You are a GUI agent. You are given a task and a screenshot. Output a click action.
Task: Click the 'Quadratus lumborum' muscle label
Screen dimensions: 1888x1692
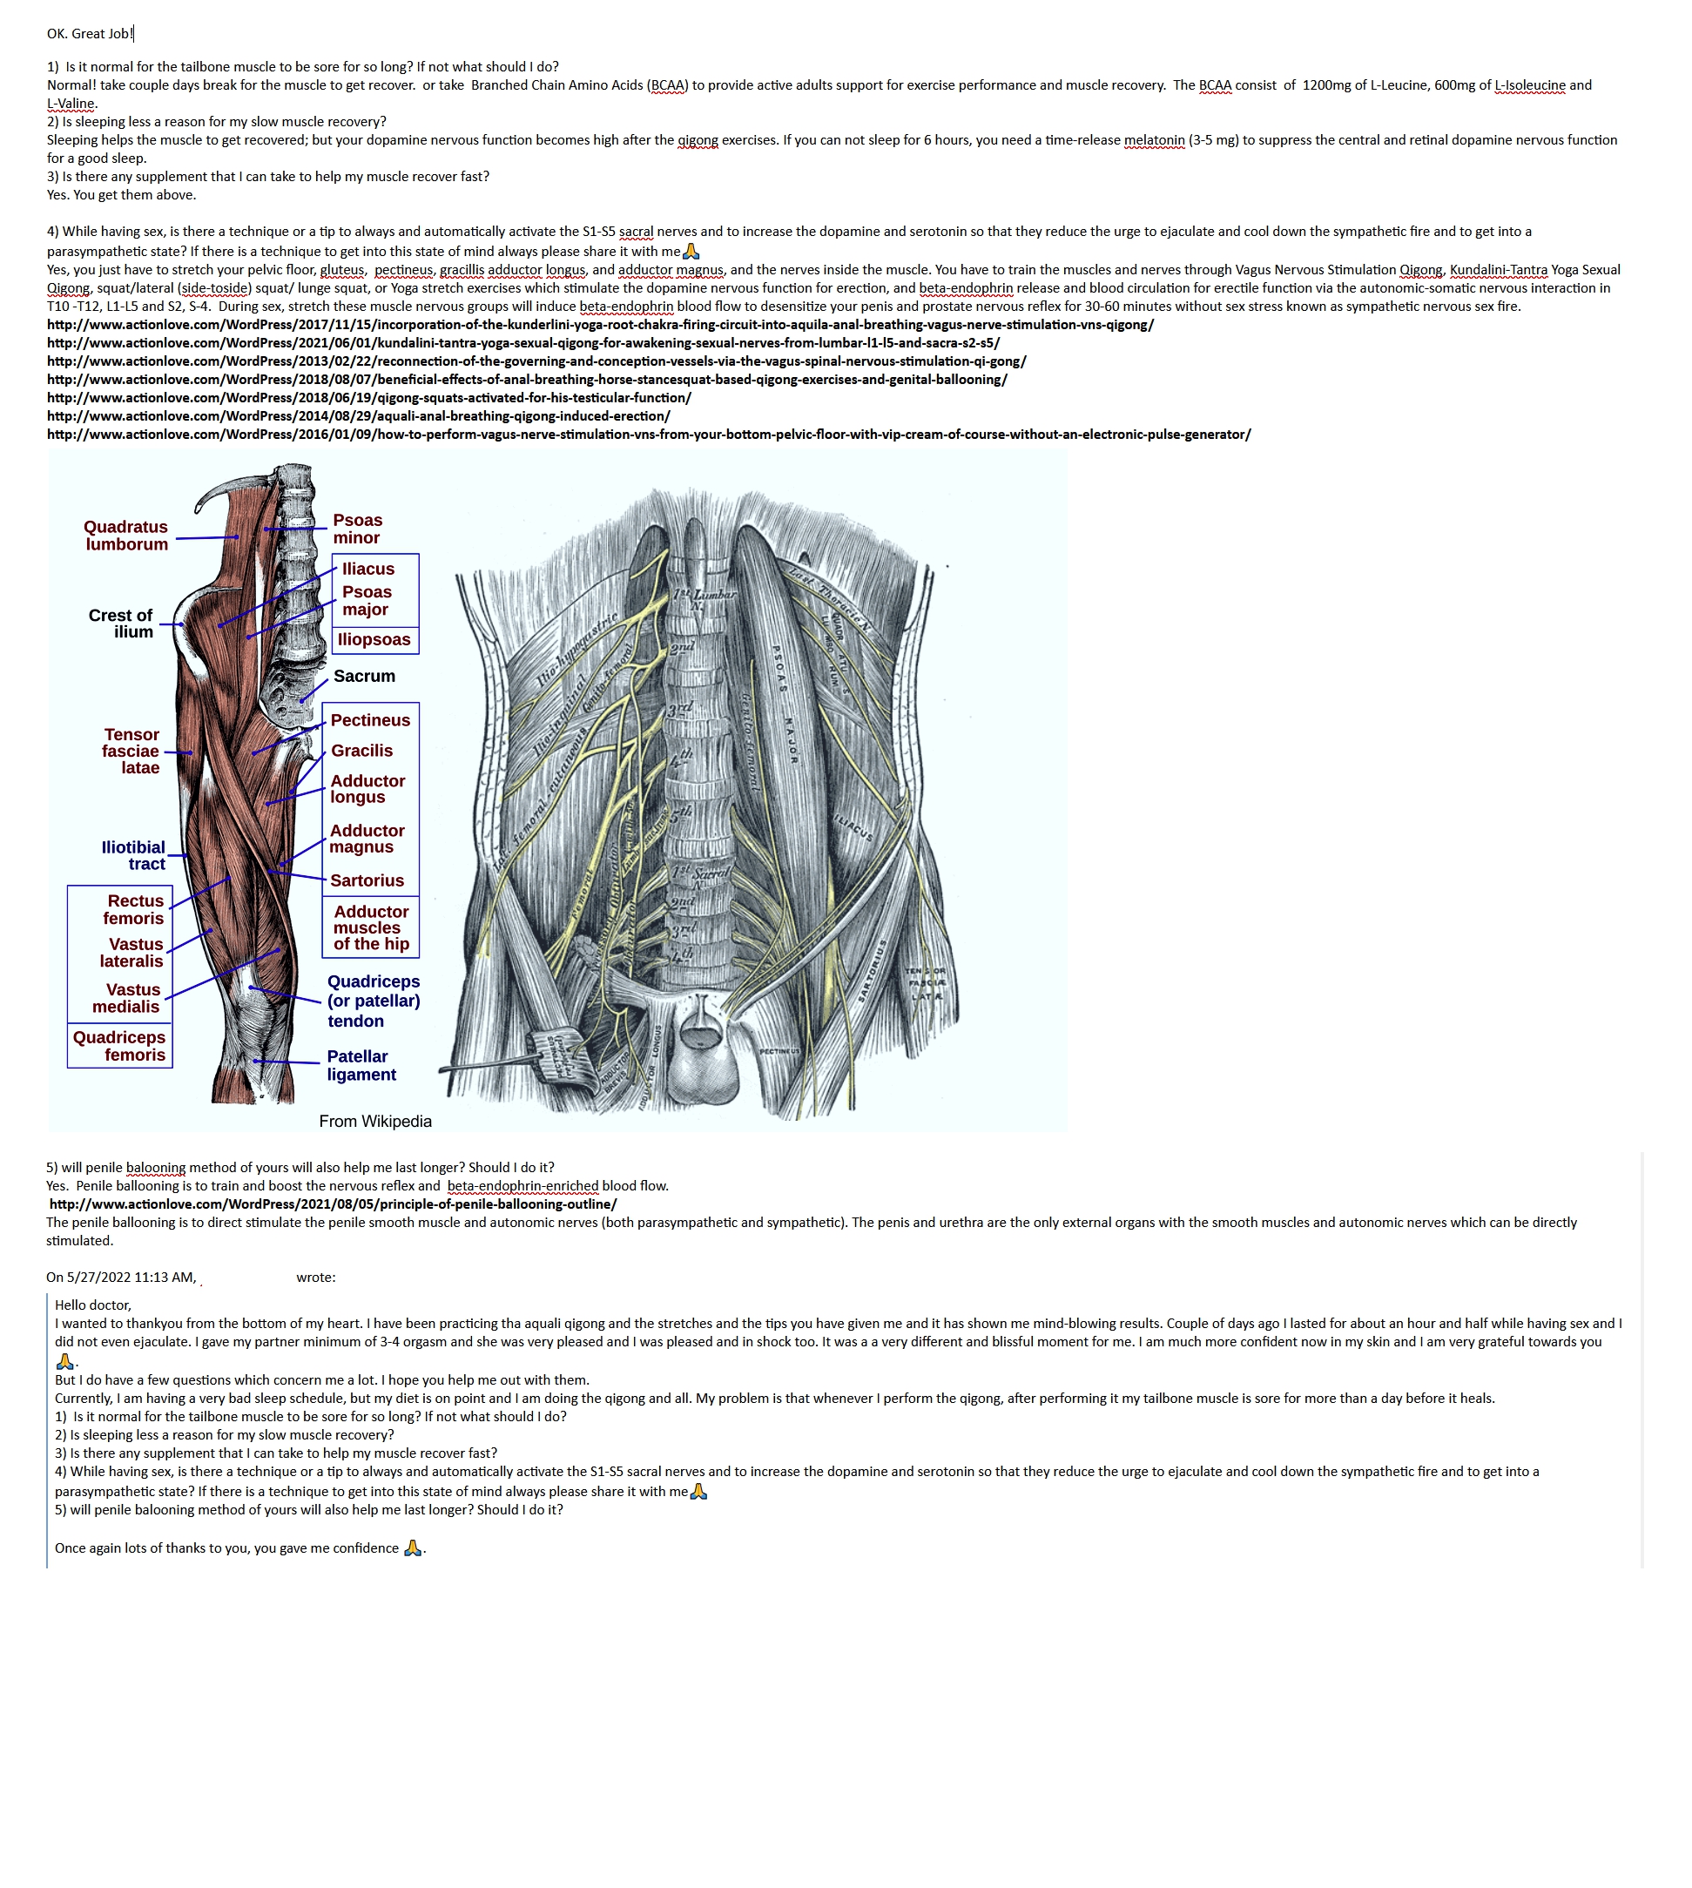(x=126, y=536)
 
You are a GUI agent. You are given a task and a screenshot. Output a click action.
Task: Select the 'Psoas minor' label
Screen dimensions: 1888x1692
(x=357, y=529)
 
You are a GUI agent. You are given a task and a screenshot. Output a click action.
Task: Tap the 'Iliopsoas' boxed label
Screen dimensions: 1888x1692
(x=374, y=639)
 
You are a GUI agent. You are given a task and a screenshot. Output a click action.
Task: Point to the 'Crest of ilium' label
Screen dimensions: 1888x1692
(x=121, y=624)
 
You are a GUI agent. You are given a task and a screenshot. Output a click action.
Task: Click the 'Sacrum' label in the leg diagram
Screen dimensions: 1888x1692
(x=364, y=676)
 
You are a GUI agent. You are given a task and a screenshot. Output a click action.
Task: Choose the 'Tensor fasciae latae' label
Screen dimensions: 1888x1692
(x=131, y=752)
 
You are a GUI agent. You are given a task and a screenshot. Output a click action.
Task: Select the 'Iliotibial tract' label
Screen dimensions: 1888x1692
(x=134, y=855)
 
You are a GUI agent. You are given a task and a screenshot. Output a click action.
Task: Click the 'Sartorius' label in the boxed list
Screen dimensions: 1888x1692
(x=367, y=880)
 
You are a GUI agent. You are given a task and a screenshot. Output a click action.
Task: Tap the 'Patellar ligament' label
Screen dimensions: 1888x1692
(x=361, y=1065)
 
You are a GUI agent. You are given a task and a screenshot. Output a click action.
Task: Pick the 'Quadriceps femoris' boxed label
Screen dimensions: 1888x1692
(x=120, y=1046)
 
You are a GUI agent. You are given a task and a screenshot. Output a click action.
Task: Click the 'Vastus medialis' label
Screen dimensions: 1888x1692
(x=126, y=998)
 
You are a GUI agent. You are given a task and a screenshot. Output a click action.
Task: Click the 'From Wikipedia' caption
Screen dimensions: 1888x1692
(x=375, y=1121)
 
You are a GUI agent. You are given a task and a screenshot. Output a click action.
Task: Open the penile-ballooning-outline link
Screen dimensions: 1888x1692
(x=333, y=1204)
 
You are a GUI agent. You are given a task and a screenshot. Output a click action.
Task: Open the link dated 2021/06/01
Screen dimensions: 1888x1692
(x=523, y=343)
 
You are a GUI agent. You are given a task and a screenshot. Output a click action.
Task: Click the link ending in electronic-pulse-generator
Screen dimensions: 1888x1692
(x=649, y=435)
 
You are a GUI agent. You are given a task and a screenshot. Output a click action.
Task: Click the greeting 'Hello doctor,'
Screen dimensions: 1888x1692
(x=93, y=1305)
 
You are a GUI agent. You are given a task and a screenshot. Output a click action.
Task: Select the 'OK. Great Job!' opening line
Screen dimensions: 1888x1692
(x=91, y=33)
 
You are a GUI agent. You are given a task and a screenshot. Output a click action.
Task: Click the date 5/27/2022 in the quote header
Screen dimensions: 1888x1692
(x=98, y=1278)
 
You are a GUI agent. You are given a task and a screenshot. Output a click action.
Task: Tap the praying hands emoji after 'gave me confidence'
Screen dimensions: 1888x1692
(x=413, y=1547)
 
